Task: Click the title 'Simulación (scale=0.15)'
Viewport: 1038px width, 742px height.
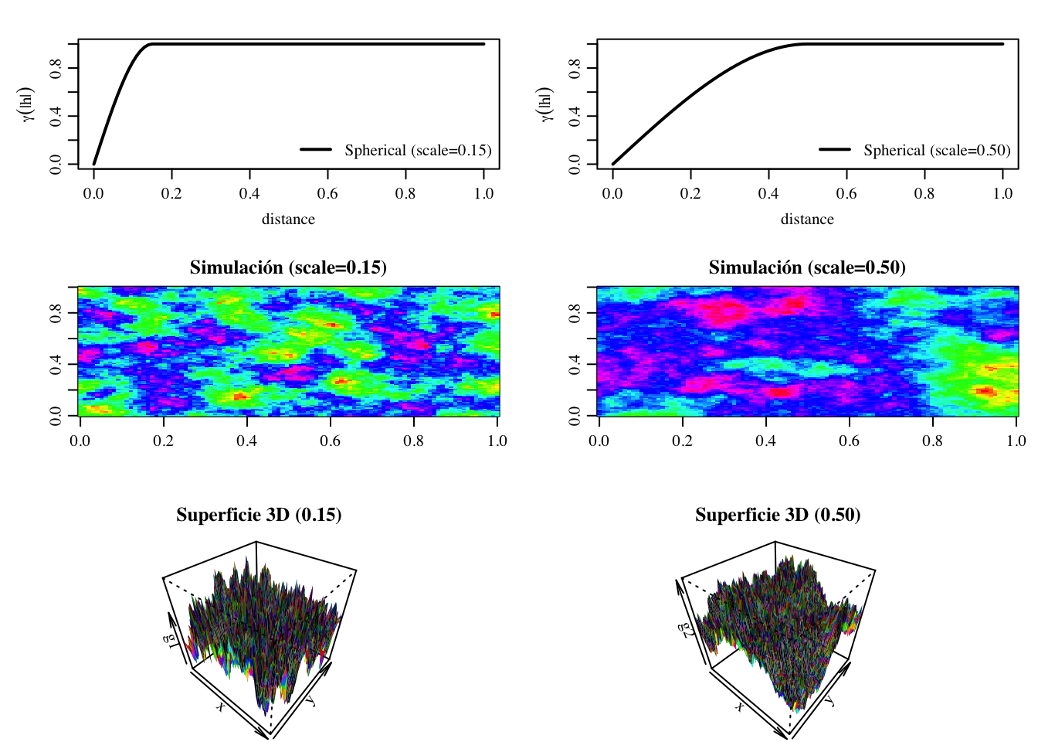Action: (x=288, y=267)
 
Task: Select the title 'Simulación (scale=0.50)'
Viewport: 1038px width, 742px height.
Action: (x=807, y=267)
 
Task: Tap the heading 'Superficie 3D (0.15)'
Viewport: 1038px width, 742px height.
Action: (x=259, y=515)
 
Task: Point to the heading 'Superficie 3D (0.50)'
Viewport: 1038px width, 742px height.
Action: (x=778, y=515)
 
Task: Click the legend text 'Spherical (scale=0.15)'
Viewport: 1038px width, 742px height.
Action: (x=418, y=150)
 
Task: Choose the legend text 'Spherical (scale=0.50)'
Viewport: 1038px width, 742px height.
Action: (x=937, y=150)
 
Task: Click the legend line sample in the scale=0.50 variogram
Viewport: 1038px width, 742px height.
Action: (x=834, y=149)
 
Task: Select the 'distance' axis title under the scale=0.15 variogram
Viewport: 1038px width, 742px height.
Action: (x=288, y=219)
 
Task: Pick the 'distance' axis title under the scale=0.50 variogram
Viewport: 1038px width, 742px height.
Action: (x=807, y=219)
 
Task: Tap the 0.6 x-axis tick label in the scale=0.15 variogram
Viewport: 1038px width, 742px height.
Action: (x=327, y=193)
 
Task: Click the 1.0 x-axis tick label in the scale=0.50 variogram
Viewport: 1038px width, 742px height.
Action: (x=1002, y=193)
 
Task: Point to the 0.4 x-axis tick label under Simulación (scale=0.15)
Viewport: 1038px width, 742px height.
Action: (x=246, y=441)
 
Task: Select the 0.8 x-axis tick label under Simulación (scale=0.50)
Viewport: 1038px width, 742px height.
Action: (x=932, y=441)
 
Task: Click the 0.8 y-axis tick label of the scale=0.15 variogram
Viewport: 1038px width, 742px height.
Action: (x=55, y=68)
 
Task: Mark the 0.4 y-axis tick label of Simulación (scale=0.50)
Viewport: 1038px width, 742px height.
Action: (x=574, y=364)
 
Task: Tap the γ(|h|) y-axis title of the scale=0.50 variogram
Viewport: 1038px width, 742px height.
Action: (x=546, y=104)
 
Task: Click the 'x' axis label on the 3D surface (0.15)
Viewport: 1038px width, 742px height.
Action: (x=221, y=706)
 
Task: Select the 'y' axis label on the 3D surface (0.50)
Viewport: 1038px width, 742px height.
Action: (x=829, y=700)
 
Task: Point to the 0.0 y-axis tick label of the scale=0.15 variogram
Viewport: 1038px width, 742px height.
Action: (x=55, y=164)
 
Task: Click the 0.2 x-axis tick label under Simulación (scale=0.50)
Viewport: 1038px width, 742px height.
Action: (x=682, y=441)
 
